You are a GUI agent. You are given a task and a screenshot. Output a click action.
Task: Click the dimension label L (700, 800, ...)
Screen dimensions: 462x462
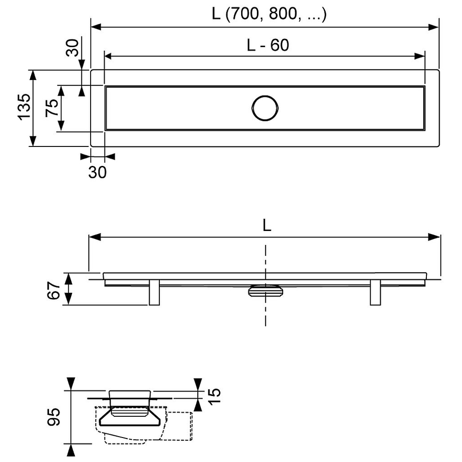pos(269,14)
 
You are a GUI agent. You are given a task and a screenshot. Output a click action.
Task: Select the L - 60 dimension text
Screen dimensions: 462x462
pos(268,45)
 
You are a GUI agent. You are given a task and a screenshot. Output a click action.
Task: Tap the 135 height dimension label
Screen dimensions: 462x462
pos(24,107)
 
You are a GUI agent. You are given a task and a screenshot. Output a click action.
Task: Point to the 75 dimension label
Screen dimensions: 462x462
pos(52,108)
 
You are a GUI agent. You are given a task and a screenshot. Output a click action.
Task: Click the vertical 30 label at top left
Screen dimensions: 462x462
pos(73,48)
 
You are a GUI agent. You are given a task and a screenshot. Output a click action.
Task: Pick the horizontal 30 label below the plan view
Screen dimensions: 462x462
pos(97,172)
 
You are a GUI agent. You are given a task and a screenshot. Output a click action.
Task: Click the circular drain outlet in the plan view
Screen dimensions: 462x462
pos(265,108)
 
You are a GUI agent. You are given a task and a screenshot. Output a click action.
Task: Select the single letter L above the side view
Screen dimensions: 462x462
pos(267,226)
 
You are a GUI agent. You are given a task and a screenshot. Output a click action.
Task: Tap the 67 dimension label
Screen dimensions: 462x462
pos(53,290)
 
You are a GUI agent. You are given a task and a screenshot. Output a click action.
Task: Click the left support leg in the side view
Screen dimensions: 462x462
pos(154,292)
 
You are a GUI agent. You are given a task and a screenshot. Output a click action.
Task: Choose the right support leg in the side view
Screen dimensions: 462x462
pos(375,292)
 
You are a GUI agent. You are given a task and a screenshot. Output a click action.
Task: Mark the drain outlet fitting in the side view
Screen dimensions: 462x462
pos(266,291)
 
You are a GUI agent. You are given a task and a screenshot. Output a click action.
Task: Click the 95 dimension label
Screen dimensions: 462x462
pos(54,417)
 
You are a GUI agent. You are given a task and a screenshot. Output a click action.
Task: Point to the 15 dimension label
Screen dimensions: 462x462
pos(214,396)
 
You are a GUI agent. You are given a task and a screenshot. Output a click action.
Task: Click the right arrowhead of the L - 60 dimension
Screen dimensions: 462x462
pos(419,56)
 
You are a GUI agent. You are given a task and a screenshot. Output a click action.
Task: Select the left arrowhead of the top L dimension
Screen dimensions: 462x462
pos(97,27)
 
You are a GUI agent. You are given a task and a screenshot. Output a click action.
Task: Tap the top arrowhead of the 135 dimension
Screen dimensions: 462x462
pos(33,75)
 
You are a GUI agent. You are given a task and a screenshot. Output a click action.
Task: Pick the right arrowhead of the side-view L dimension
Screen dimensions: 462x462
pos(434,237)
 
